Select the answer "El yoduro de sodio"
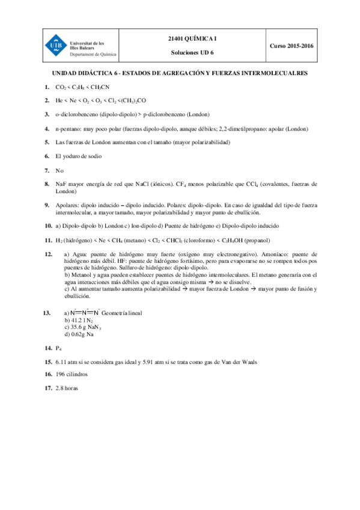coord(78,156)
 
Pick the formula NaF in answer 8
coord(61,184)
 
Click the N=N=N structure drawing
coord(84,313)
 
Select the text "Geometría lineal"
coord(122,313)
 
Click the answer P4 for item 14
coord(58,348)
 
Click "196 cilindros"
coord(71,373)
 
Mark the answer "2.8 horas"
coord(67,388)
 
